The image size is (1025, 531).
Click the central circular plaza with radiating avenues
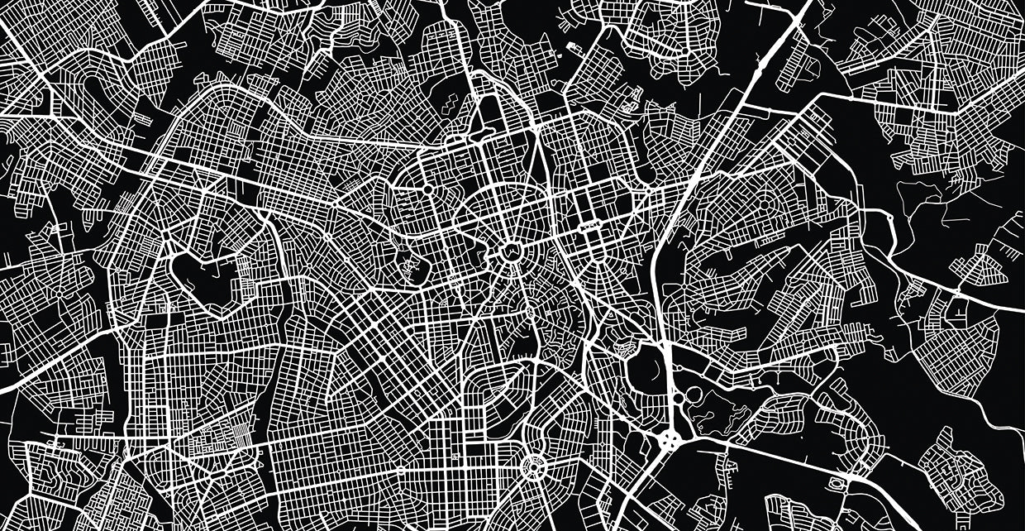pyautogui.click(x=511, y=252)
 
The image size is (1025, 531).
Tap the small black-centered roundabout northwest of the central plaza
pyautogui.click(x=428, y=189)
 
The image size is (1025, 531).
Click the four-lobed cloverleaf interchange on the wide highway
pyautogui.click(x=670, y=438)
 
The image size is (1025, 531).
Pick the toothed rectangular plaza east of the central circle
pyautogui.click(x=589, y=226)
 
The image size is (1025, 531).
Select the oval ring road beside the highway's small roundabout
pyautogui.click(x=693, y=398)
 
